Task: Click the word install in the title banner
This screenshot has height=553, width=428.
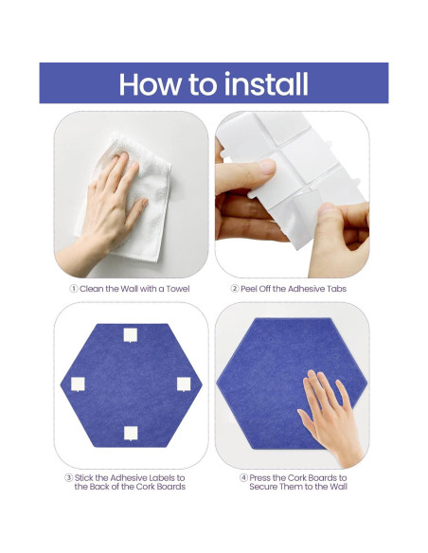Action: point(266,83)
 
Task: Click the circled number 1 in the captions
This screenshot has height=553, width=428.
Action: point(73,289)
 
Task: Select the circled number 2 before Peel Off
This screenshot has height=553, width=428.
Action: point(235,289)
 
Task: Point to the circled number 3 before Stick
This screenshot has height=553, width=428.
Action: point(69,478)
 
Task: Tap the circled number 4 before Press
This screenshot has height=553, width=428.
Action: point(243,478)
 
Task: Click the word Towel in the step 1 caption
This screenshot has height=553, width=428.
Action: point(178,289)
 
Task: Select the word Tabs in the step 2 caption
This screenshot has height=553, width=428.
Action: point(337,289)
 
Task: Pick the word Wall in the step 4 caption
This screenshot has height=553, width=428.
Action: point(338,487)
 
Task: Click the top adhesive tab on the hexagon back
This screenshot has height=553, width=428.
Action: point(131,335)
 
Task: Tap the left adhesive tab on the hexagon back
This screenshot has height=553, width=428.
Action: point(78,384)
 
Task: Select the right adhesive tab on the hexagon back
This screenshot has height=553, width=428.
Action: point(184,384)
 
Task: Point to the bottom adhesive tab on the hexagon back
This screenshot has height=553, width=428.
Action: point(131,433)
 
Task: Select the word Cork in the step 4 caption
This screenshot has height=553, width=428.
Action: point(298,478)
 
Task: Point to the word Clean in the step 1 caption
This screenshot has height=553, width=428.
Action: point(91,289)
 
